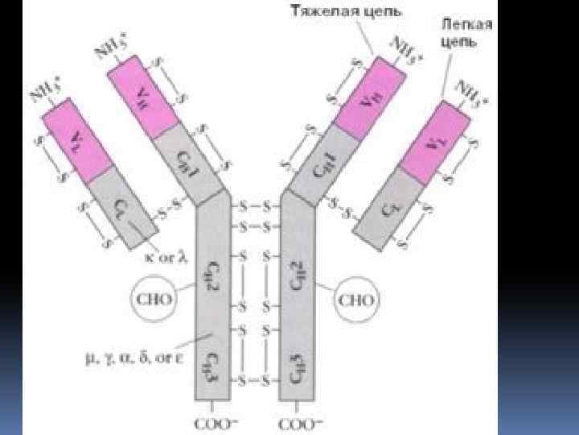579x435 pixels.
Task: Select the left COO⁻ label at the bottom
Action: (x=210, y=423)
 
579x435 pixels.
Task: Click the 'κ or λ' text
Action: (x=165, y=258)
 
